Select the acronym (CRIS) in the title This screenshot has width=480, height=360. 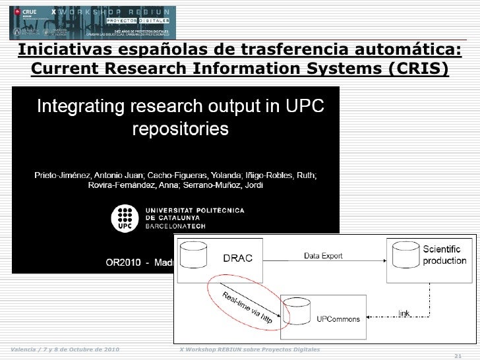coord(414,69)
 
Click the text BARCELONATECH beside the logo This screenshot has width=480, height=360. coord(175,225)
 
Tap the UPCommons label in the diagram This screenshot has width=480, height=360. coord(338,319)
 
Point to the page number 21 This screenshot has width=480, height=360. coord(459,354)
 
